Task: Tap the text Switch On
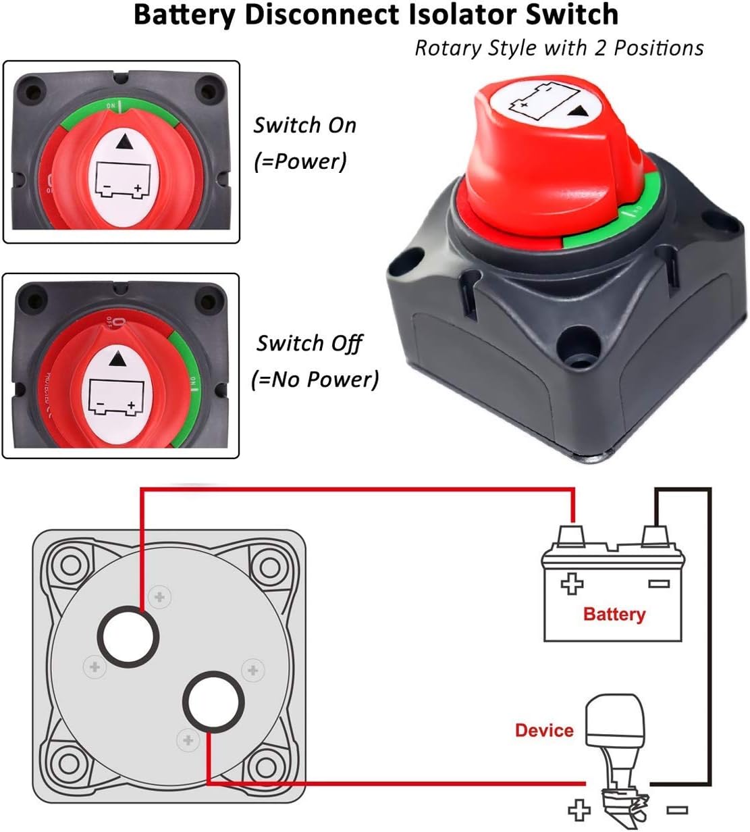click(x=304, y=126)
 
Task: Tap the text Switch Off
click(x=309, y=343)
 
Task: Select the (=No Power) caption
click(x=315, y=379)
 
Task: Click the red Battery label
click(x=614, y=614)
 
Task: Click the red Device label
click(x=543, y=730)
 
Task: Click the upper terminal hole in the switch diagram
click(x=129, y=635)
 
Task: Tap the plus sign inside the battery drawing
click(x=572, y=583)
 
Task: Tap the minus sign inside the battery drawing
click(x=658, y=583)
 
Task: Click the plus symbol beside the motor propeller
click(x=579, y=808)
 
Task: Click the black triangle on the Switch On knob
click(x=124, y=142)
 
